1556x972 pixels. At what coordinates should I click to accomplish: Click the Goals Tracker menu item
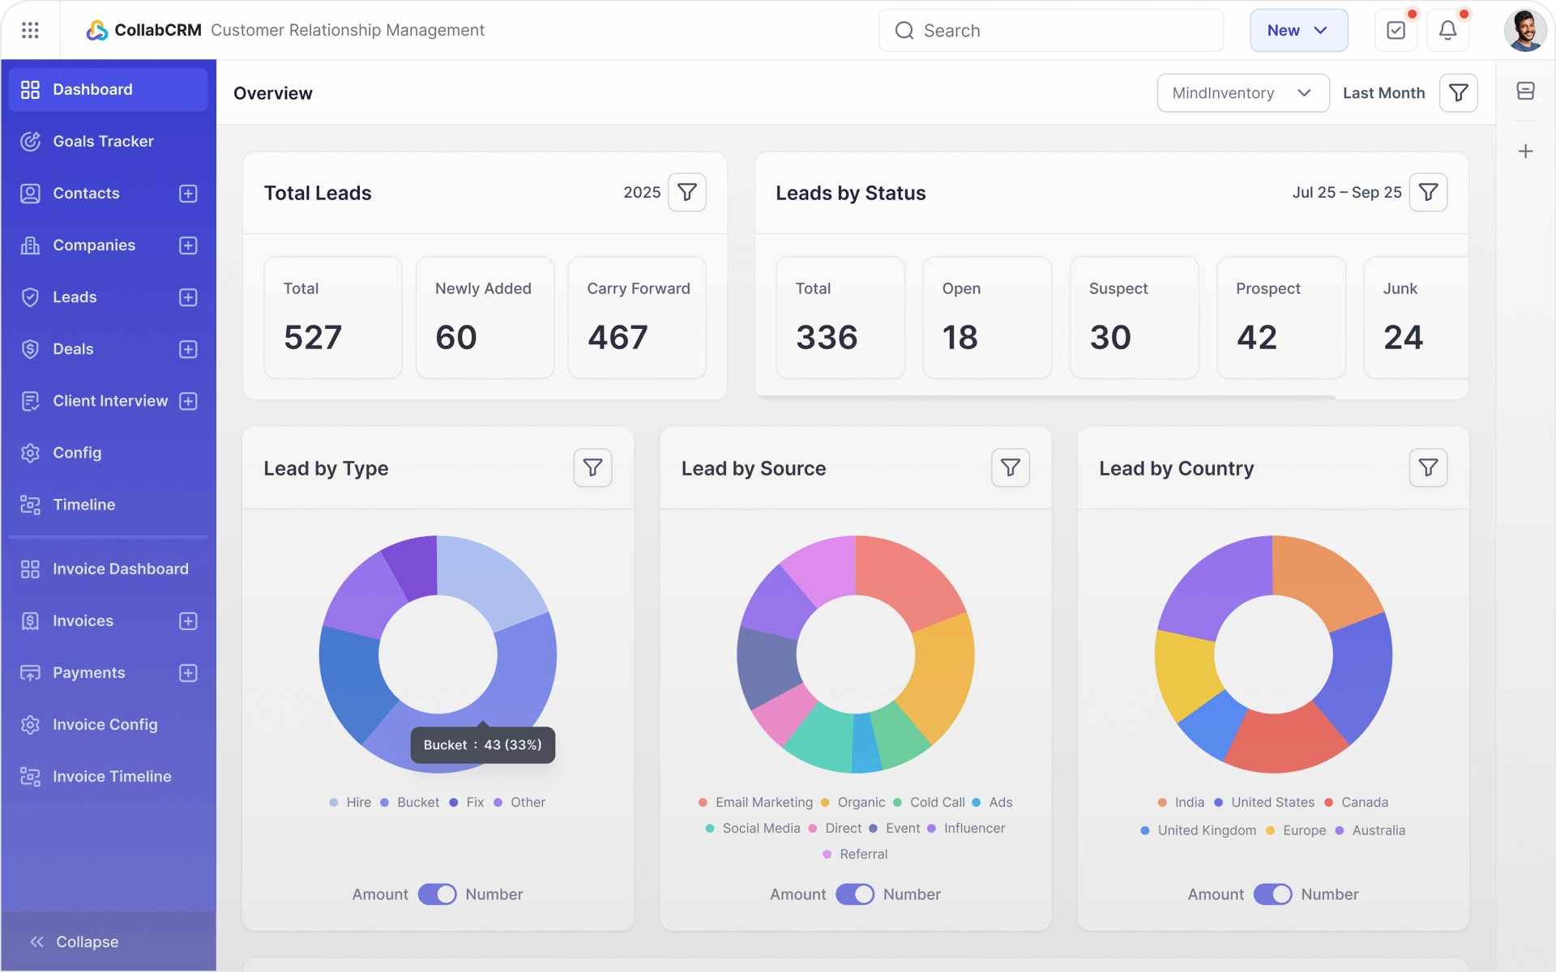pyautogui.click(x=103, y=142)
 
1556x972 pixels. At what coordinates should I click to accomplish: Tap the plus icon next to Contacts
pyautogui.click(x=188, y=194)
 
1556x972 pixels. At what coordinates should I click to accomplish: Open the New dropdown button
pyautogui.click(x=1298, y=31)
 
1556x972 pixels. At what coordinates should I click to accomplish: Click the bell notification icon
pyautogui.click(x=1447, y=31)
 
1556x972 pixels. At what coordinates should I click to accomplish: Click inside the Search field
pyautogui.click(x=1054, y=31)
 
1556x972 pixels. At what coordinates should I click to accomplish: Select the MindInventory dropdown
pyautogui.click(x=1242, y=93)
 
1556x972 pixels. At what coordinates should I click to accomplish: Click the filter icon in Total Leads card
pyautogui.click(x=687, y=193)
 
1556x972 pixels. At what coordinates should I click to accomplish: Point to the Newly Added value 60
pyautogui.click(x=456, y=337)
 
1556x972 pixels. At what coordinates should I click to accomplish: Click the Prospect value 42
pyautogui.click(x=1257, y=337)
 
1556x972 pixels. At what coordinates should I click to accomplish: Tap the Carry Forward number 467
pyautogui.click(x=618, y=337)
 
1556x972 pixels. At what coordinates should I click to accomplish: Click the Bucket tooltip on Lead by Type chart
pyautogui.click(x=482, y=745)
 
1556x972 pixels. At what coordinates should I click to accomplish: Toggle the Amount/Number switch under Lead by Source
pyautogui.click(x=855, y=894)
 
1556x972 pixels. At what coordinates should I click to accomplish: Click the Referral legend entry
pyautogui.click(x=863, y=855)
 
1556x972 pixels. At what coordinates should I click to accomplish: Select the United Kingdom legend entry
pyautogui.click(x=1206, y=831)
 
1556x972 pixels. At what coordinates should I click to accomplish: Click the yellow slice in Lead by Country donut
pyautogui.click(x=1184, y=672)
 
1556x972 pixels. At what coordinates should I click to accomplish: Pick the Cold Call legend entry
pyautogui.click(x=937, y=803)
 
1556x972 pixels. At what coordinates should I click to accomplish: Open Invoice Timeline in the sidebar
pyautogui.click(x=112, y=777)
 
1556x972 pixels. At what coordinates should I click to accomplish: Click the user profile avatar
pyautogui.click(x=1524, y=31)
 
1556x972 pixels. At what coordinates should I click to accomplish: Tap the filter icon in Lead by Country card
pyautogui.click(x=1428, y=468)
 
